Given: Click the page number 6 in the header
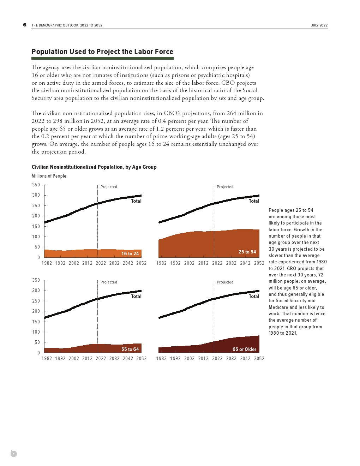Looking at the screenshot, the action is point(25,25).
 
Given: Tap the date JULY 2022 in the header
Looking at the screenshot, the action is point(319,25).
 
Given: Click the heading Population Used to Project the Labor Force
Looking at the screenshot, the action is point(102,52).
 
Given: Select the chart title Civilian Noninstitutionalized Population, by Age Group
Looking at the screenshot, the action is point(94,167).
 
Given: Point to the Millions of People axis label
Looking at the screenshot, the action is point(49,176).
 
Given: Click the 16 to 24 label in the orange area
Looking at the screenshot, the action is point(130,253).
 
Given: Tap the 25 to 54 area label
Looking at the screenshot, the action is point(247,252).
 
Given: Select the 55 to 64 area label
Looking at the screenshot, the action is point(130,349).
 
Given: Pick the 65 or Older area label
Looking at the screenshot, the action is point(244,349).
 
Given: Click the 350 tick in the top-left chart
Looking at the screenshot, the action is point(36,185).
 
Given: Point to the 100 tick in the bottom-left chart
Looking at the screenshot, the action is point(36,332).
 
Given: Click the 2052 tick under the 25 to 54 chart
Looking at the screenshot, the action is point(259,263).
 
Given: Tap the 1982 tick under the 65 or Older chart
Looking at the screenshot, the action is point(161,358).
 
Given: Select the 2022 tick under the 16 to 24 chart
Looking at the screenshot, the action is point(101,263).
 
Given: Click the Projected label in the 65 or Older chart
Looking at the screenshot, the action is point(225,282).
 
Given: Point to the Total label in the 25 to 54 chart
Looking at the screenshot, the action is point(254,201).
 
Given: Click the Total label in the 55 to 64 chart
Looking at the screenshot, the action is point(136,296).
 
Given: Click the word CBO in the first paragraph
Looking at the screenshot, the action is point(228,83).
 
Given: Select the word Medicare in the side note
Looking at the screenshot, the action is point(278,307).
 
